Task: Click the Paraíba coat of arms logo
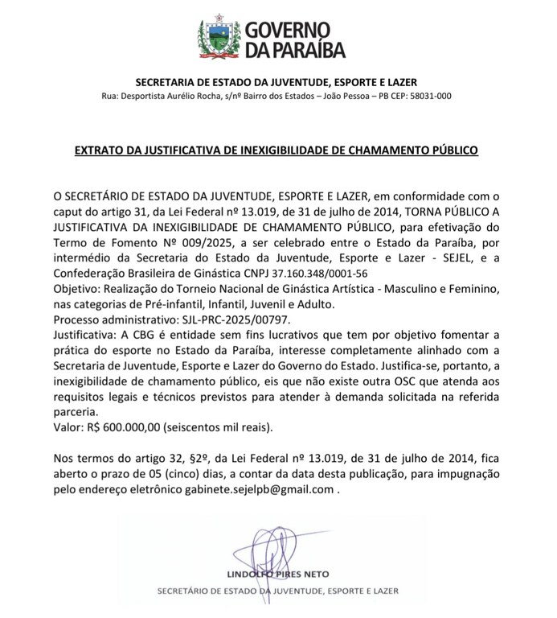217,39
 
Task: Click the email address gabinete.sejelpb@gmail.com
264,488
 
